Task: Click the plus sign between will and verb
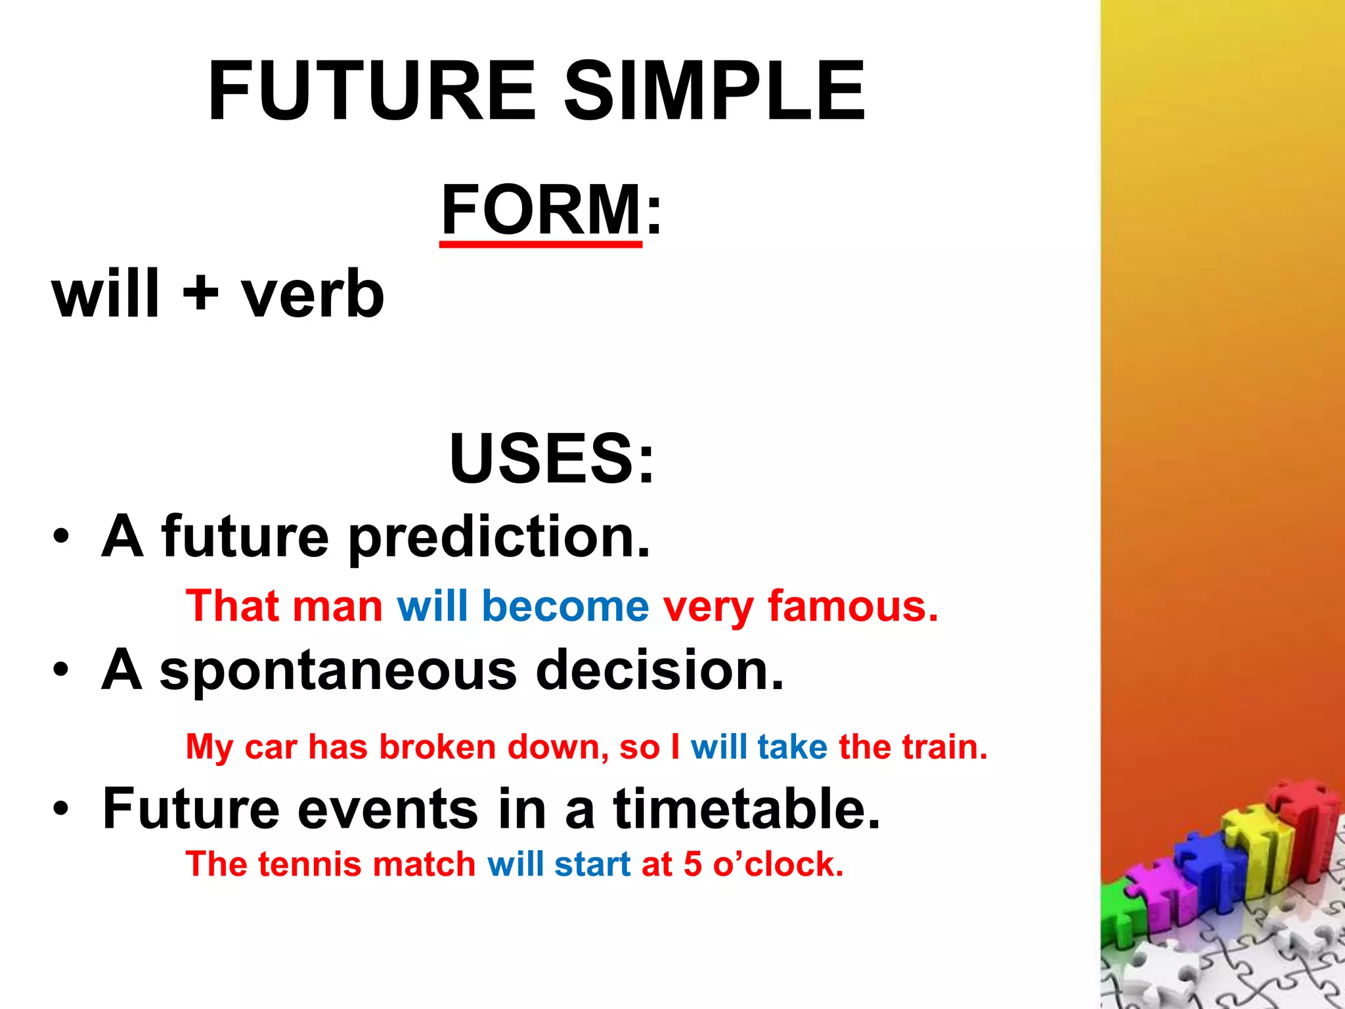(x=200, y=293)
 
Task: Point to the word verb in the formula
(x=313, y=294)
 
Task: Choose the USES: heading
(x=552, y=458)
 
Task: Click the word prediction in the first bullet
(x=499, y=537)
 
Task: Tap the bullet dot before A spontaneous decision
(x=61, y=671)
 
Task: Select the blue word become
(x=565, y=606)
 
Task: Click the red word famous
(x=852, y=606)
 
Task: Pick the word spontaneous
(x=338, y=671)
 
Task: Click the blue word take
(x=792, y=748)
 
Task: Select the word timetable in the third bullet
(x=747, y=809)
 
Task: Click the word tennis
(x=309, y=864)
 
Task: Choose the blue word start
(x=592, y=864)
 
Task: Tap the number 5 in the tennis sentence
(x=693, y=864)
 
